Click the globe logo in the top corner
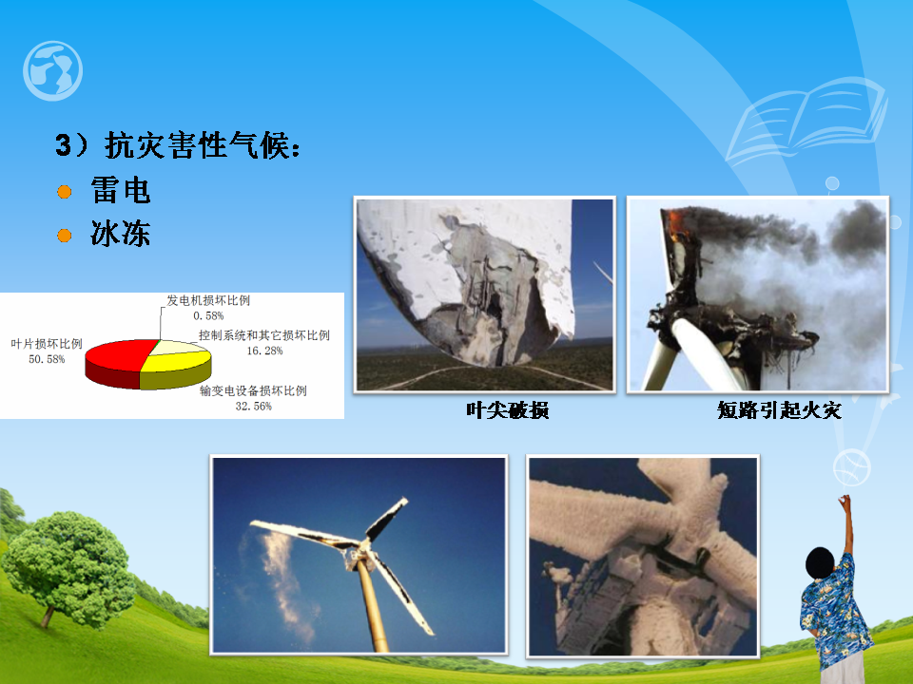pyautogui.click(x=52, y=70)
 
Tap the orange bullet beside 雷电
pyautogui.click(x=64, y=191)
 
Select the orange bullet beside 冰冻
pyautogui.click(x=64, y=235)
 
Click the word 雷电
pyautogui.click(x=121, y=190)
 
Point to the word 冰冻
pyautogui.click(x=121, y=234)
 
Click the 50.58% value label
pyautogui.click(x=47, y=359)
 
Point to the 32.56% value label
pyautogui.click(x=253, y=406)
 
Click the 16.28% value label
pyautogui.click(x=264, y=351)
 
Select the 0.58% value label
pyautogui.click(x=208, y=315)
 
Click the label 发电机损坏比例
pyautogui.click(x=208, y=301)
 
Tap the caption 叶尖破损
pyautogui.click(x=508, y=410)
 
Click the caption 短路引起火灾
pyautogui.click(x=779, y=410)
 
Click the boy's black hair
pyautogui.click(x=821, y=563)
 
